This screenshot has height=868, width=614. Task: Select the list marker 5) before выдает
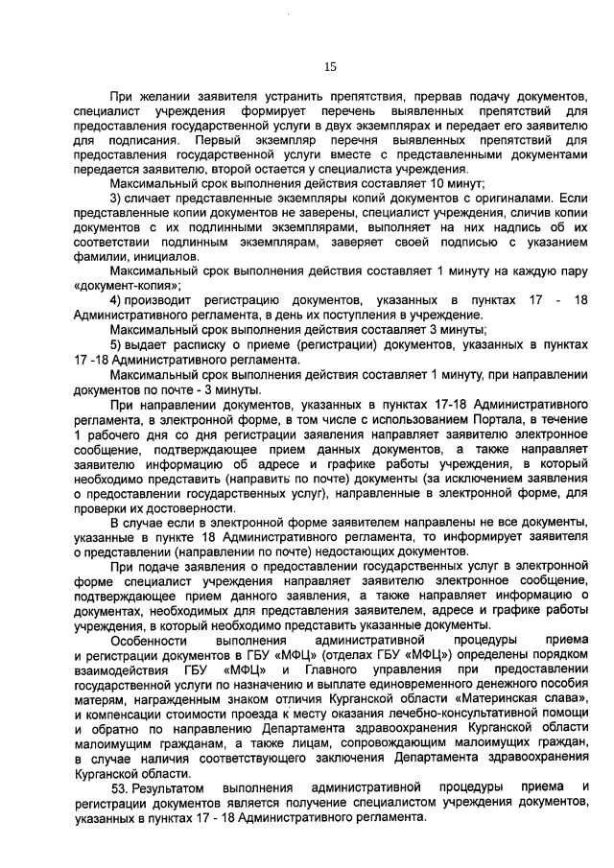click(116, 344)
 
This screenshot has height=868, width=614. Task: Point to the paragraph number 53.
click(122, 787)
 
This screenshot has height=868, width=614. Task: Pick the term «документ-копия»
click(126, 285)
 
